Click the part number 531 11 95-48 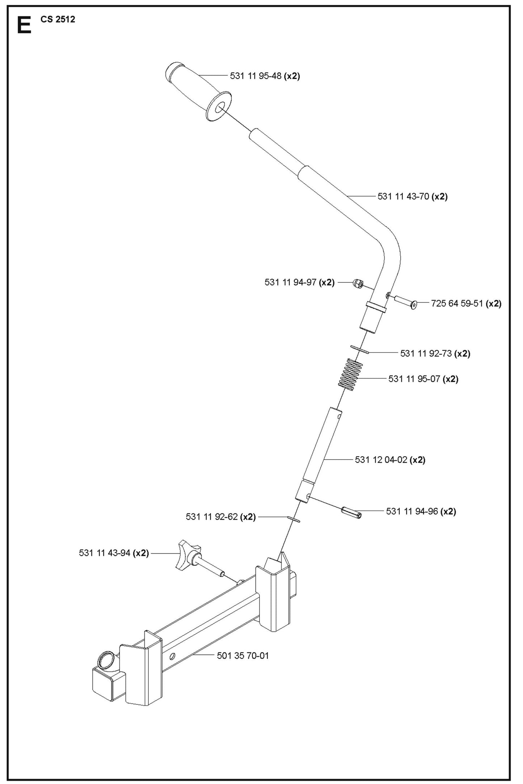265,76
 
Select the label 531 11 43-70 412,196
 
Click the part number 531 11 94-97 299,282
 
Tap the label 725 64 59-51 466,303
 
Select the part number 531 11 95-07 423,379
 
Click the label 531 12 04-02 390,460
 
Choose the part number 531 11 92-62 220,517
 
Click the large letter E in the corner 24,26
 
